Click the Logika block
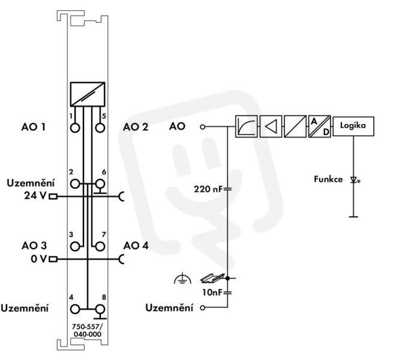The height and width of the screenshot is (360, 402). pos(353,126)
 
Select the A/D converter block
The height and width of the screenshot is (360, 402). pos(319,127)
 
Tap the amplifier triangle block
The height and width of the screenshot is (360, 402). pos(271,127)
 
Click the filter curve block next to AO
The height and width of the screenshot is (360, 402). pos(247,127)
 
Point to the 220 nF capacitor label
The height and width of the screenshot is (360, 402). pos(208,189)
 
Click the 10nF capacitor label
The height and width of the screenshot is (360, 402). pos(212,292)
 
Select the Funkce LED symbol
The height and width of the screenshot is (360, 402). pos(355,180)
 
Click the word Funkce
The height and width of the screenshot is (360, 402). pos(328,179)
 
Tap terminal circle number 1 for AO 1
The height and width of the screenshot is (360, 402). pos(75,128)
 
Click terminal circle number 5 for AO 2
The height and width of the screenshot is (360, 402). pos(100,128)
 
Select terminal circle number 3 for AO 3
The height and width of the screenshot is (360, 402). pos(75,247)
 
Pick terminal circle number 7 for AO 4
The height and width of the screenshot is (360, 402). pos(100,247)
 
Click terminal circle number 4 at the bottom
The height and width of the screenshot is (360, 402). pos(75,309)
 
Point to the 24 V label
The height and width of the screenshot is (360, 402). pos(35,196)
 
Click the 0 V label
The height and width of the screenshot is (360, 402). pos(39,259)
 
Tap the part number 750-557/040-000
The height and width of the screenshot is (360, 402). pos(87,331)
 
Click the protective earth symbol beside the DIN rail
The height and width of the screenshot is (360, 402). pos(182,279)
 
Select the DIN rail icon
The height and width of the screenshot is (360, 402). pos(212,278)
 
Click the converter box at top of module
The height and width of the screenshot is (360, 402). pos(88,94)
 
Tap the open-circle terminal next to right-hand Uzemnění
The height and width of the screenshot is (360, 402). pos(203,308)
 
